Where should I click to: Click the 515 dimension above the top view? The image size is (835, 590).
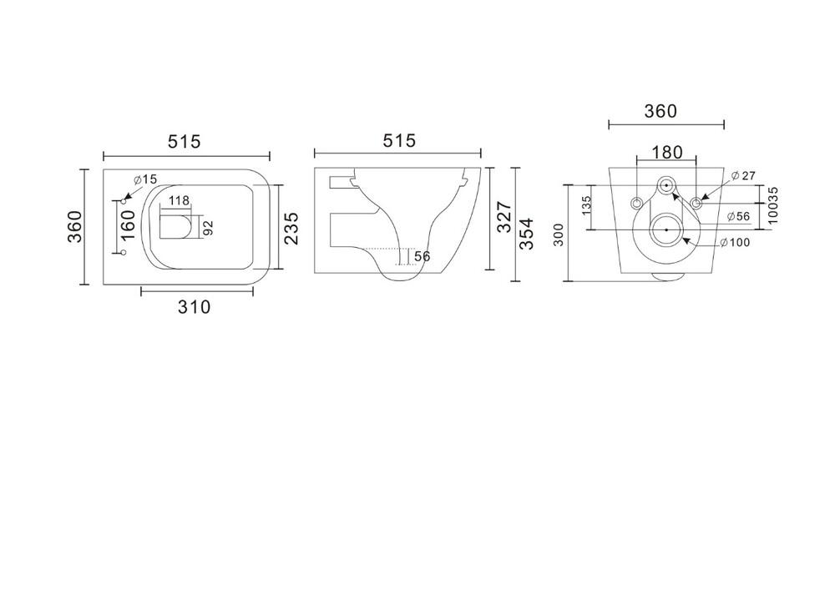185,142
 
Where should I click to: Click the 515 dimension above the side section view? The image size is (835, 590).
399,140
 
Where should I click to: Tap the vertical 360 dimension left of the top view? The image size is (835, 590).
75,227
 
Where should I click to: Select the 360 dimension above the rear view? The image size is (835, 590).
660,111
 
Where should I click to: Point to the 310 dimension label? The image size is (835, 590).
195,307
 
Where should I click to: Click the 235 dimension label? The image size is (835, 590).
291,228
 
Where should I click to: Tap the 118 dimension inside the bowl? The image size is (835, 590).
179,200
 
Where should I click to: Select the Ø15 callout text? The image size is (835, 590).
145,179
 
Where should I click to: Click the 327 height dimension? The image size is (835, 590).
504,217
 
